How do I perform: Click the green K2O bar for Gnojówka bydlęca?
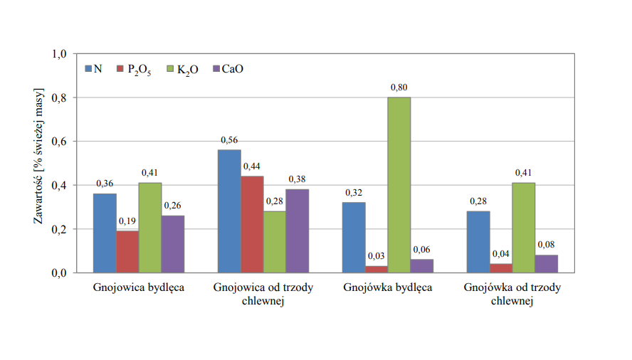pos(399,185)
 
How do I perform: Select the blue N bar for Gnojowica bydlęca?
pos(105,233)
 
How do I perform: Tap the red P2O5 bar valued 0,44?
pos(252,224)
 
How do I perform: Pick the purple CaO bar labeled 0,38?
pos(297,231)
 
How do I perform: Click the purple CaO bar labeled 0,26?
pos(173,244)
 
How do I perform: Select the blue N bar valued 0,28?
pos(478,242)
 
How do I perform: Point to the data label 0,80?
pos(399,88)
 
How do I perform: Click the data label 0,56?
pos(229,140)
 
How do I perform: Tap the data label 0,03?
pos(376,256)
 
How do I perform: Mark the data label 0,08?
pos(547,245)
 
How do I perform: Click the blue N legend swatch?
pos(89,69)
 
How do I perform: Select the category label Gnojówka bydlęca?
pos(388,289)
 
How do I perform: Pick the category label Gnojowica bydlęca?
pos(139,289)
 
